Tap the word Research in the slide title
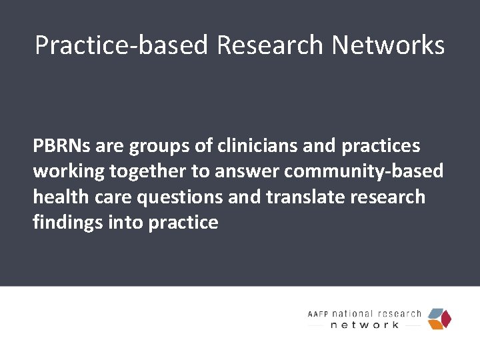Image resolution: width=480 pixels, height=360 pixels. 270,45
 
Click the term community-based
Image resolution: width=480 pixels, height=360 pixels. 364,172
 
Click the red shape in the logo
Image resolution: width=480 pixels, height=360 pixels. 446,319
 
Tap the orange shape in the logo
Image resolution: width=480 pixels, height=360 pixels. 435,325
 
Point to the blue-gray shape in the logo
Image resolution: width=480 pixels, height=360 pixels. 436,313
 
